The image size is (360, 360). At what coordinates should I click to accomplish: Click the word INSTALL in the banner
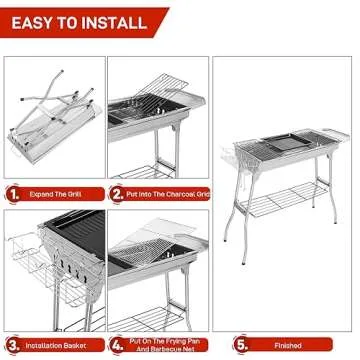[x=111, y=20]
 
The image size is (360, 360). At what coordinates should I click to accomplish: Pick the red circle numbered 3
[x=13, y=345]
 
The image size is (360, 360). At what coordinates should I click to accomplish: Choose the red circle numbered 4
[x=118, y=345]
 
